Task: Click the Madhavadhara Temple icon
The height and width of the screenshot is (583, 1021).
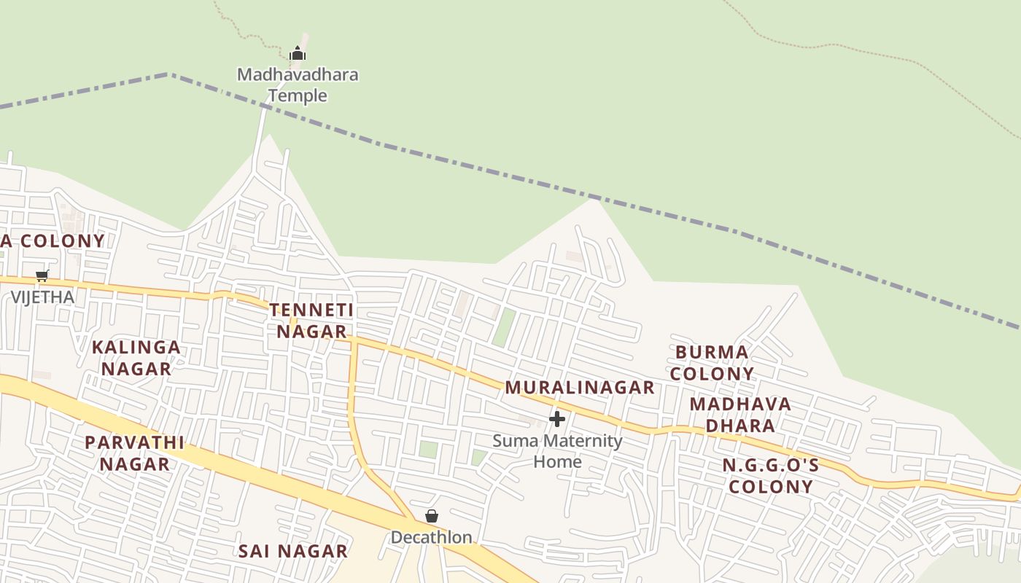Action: tap(298, 53)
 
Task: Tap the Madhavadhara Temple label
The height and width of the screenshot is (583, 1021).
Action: tap(298, 85)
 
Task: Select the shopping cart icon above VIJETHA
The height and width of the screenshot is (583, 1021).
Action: tap(42, 275)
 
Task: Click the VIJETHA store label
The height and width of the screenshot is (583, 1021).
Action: tap(42, 297)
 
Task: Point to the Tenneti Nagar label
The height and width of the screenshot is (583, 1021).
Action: tap(311, 321)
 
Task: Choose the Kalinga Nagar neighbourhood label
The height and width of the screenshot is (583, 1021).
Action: tap(136, 358)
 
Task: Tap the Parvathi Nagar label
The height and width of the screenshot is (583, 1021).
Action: tap(134, 453)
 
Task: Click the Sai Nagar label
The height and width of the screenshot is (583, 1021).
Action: tap(293, 551)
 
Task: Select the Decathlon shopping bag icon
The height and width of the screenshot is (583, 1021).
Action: tap(432, 516)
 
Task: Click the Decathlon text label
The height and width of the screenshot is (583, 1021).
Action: tap(432, 538)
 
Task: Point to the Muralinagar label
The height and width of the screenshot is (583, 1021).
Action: tap(580, 388)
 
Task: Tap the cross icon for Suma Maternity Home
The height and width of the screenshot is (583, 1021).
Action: tap(557, 419)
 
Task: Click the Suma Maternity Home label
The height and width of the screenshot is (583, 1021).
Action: tap(557, 451)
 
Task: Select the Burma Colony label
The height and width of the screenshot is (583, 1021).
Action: tap(712, 363)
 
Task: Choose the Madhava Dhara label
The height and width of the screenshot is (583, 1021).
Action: tap(740, 414)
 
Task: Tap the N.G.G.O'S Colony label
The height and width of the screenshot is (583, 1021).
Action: tap(771, 476)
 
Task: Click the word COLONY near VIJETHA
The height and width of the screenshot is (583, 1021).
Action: tap(62, 240)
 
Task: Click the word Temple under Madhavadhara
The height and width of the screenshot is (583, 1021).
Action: tap(298, 95)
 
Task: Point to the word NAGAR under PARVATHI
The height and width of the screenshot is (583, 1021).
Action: tap(135, 464)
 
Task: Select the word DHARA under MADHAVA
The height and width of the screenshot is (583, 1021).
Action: tap(740, 425)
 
